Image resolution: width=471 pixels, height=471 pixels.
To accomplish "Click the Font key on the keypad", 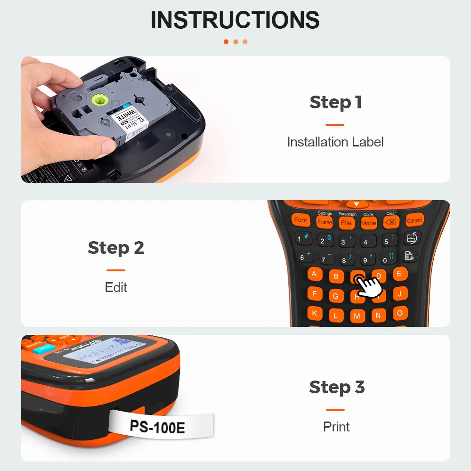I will (300, 220).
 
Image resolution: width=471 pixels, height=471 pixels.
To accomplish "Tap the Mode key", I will (368, 223).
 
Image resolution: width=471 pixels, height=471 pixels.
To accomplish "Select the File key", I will (346, 223).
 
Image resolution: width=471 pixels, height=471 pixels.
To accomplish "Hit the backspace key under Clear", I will (391, 222).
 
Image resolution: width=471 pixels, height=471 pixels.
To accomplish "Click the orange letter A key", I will (315, 275).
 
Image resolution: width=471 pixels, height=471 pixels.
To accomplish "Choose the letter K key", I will (315, 313).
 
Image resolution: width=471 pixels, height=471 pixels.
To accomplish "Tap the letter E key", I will (400, 274).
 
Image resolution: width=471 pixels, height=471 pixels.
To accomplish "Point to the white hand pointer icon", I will (369, 286).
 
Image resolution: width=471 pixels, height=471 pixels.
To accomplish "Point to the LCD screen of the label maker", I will (101, 352).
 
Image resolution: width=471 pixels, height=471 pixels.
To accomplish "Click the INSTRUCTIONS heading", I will (235, 20).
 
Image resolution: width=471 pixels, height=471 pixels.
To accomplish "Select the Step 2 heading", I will (116, 248).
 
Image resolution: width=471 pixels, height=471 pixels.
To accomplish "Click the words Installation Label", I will (335, 142).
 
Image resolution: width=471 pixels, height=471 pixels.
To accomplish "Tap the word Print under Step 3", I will (336, 427).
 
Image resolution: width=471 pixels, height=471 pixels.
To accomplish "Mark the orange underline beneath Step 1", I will (335, 125).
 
